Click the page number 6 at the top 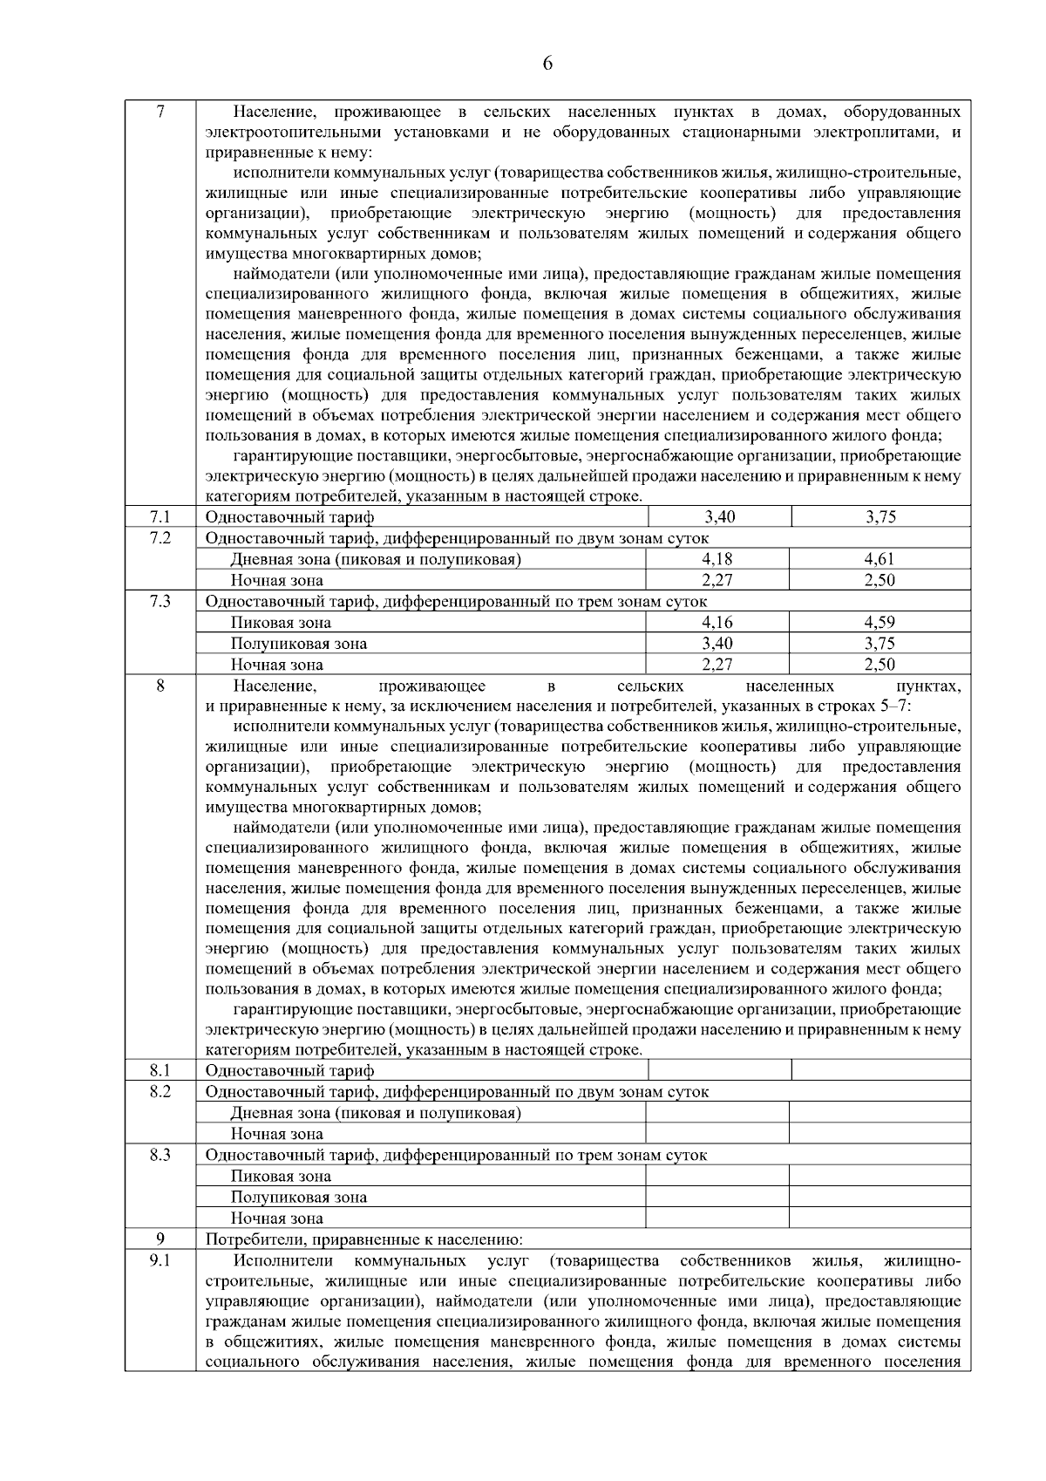click(548, 63)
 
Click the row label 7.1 click(160, 517)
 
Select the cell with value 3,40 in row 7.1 click(719, 517)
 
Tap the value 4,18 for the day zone click(717, 559)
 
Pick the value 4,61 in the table click(880, 559)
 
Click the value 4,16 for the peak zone click(717, 623)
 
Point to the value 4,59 click(880, 623)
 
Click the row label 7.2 click(160, 538)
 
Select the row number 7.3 click(160, 602)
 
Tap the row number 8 click(160, 686)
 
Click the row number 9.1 click(160, 1261)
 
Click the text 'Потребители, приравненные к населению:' click(363, 1239)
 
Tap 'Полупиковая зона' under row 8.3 click(298, 1198)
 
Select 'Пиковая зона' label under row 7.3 click(281, 623)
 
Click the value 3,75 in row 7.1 click(881, 517)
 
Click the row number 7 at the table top click(160, 112)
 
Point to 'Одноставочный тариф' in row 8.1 click(289, 1071)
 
